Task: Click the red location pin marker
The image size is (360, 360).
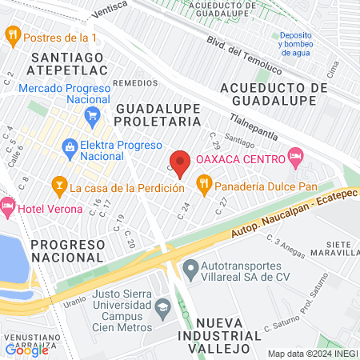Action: point(180,162)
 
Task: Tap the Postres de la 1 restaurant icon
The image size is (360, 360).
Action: point(12,35)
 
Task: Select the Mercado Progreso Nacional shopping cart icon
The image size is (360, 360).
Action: point(92,114)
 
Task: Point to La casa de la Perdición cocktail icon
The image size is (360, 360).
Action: point(58,188)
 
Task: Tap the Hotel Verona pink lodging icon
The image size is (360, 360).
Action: point(7,208)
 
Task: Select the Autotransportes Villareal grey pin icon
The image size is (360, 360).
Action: point(190,267)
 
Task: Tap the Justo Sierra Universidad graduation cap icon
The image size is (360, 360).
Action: point(163,306)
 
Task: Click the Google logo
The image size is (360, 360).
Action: point(26,350)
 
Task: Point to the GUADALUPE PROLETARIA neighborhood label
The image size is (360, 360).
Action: point(158,114)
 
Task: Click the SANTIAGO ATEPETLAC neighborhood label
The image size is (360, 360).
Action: point(68,63)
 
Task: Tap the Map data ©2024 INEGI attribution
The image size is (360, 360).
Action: point(311,353)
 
